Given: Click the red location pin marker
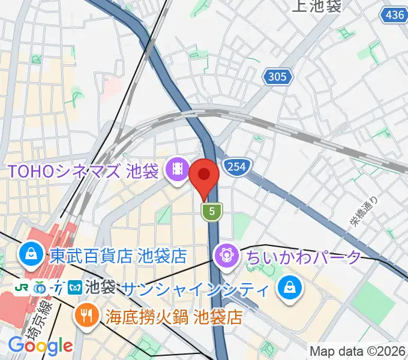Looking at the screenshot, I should [x=204, y=177].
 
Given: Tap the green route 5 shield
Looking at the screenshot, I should [x=212, y=211].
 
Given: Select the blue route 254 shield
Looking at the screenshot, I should [x=236, y=166].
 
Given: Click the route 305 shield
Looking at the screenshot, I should [x=278, y=76].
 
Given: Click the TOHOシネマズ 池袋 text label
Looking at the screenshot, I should [x=83, y=171].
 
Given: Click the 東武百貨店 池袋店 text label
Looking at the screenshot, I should [x=118, y=256].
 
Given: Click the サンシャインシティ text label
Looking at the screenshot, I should [x=194, y=289].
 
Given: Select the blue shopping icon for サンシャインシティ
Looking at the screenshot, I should [x=290, y=289].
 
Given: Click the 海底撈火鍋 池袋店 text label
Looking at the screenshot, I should [x=175, y=316].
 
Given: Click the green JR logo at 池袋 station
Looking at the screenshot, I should [x=22, y=287].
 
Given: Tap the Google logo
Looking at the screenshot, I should [x=40, y=346].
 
